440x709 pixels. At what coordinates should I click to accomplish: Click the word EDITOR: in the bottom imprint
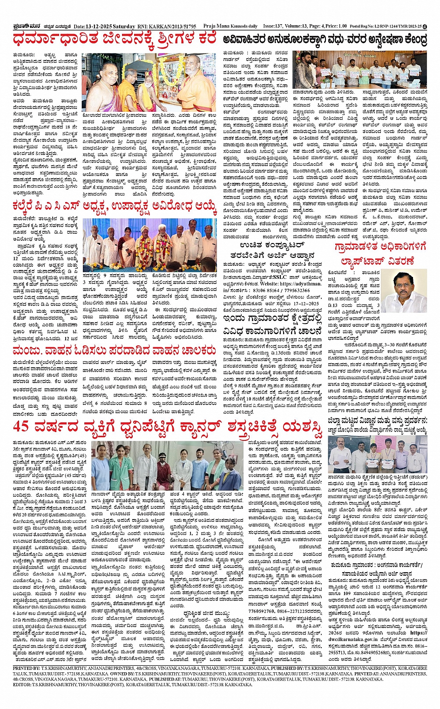point(23,685)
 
